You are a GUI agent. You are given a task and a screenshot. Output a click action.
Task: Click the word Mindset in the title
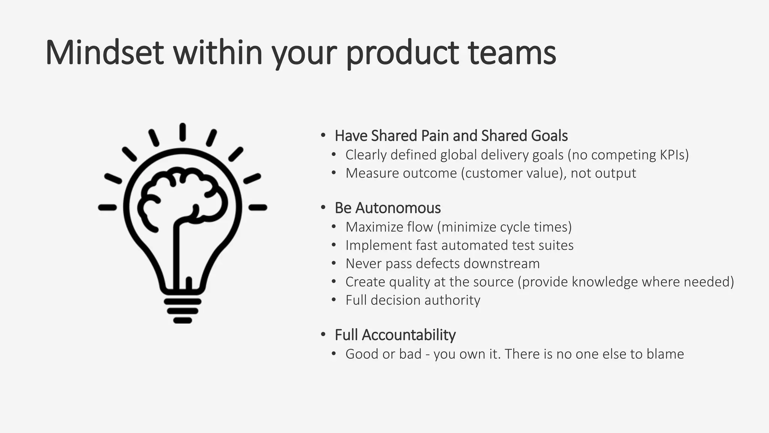tap(104, 53)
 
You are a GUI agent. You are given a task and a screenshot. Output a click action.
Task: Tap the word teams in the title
tap(512, 53)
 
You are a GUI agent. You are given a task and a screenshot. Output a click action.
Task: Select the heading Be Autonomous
tap(388, 208)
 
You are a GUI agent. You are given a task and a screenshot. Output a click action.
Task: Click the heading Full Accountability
tap(395, 335)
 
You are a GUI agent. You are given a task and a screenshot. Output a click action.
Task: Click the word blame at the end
tap(665, 354)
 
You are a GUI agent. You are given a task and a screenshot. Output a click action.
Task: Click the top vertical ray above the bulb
tap(182, 132)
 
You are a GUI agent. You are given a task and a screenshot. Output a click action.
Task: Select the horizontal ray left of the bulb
tap(107, 207)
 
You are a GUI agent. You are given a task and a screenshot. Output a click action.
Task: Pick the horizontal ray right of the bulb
tap(258, 207)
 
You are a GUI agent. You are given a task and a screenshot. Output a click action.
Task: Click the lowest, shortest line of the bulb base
tap(183, 321)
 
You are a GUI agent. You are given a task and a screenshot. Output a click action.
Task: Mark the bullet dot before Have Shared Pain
tap(323, 135)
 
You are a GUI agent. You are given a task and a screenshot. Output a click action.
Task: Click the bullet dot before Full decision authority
tap(334, 300)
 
